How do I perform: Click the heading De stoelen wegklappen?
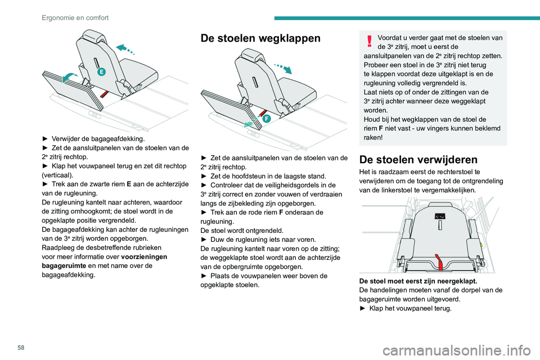pos(260,38)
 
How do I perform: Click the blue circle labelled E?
pos(101,71)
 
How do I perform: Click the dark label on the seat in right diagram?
pos(440,216)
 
